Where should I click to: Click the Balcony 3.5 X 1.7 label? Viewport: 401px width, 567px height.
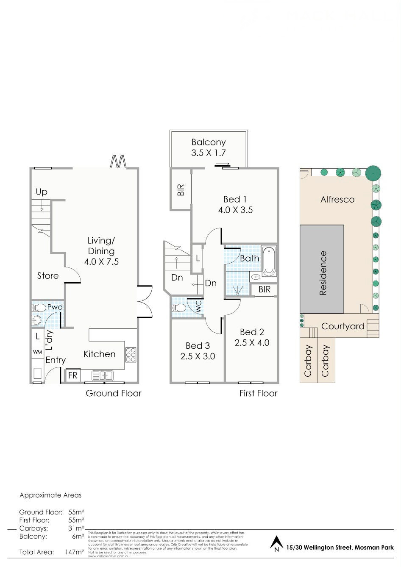(x=208, y=147)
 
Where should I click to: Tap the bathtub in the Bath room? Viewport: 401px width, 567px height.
(x=268, y=261)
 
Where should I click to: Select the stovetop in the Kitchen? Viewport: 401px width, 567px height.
(x=131, y=355)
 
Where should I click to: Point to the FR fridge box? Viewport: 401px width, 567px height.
(x=73, y=375)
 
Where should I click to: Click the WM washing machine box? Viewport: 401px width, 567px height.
(x=37, y=352)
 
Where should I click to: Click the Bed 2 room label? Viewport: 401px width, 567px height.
(x=252, y=332)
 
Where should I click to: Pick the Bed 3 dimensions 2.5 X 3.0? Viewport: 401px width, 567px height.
(x=198, y=356)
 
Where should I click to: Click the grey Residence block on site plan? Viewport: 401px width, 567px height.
(x=322, y=269)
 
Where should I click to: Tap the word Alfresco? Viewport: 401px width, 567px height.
(x=337, y=199)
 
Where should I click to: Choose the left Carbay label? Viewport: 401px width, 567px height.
(x=308, y=361)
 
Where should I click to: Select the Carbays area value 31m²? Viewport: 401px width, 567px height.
(x=76, y=528)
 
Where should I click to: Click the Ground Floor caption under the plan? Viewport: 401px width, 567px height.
(x=113, y=393)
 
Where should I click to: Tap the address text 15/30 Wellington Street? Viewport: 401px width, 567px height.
(x=319, y=548)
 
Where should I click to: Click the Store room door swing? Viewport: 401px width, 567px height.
(x=73, y=275)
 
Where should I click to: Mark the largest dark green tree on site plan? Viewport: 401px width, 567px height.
(x=373, y=173)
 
